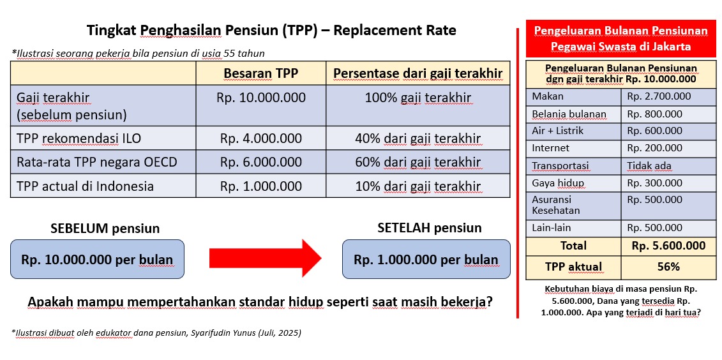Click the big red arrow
point(265,259)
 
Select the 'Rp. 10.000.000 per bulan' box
point(97,259)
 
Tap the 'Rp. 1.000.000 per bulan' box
point(426,259)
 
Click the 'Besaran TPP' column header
point(260,73)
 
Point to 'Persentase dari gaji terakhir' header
point(417,73)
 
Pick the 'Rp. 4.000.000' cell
point(260,138)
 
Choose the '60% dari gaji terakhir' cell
point(417,162)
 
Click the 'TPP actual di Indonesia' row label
point(85,186)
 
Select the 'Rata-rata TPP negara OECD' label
point(96,162)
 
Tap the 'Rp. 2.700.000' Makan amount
point(659,96)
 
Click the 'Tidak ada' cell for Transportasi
point(649,166)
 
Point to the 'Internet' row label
point(550,148)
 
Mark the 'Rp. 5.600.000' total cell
point(668,246)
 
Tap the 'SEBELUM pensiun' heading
point(105,229)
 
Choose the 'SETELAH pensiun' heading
point(430,227)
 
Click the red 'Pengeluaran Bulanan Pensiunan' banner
point(620,39)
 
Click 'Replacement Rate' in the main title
point(395,31)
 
